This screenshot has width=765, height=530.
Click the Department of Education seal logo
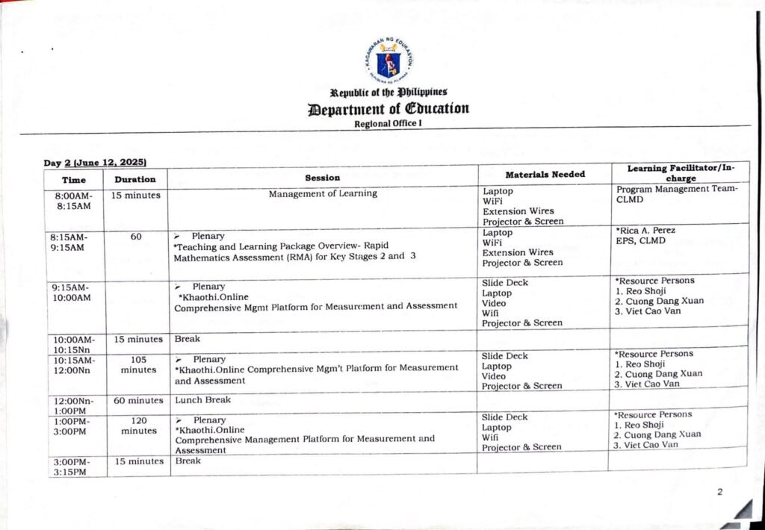[392, 63]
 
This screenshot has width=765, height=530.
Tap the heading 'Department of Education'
[388, 108]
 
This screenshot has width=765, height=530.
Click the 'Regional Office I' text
[388, 124]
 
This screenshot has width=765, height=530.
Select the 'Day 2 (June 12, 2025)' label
[95, 162]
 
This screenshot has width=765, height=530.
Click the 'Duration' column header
[135, 179]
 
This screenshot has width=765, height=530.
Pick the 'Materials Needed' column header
[545, 175]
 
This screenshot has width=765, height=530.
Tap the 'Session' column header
[322, 178]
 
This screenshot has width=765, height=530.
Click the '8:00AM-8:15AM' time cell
[73, 201]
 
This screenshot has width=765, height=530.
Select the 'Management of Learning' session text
[323, 194]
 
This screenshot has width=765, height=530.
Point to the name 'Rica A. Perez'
[646, 231]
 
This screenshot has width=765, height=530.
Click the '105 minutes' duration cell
[138, 364]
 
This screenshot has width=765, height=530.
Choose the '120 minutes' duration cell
[138, 425]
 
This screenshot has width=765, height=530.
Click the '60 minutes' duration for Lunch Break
[138, 401]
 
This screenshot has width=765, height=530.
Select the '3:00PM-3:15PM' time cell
[73, 467]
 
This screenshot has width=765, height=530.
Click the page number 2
[720, 492]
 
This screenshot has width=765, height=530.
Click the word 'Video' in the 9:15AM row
[494, 304]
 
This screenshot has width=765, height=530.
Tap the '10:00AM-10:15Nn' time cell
[73, 344]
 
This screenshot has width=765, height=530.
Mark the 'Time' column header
[73, 180]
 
